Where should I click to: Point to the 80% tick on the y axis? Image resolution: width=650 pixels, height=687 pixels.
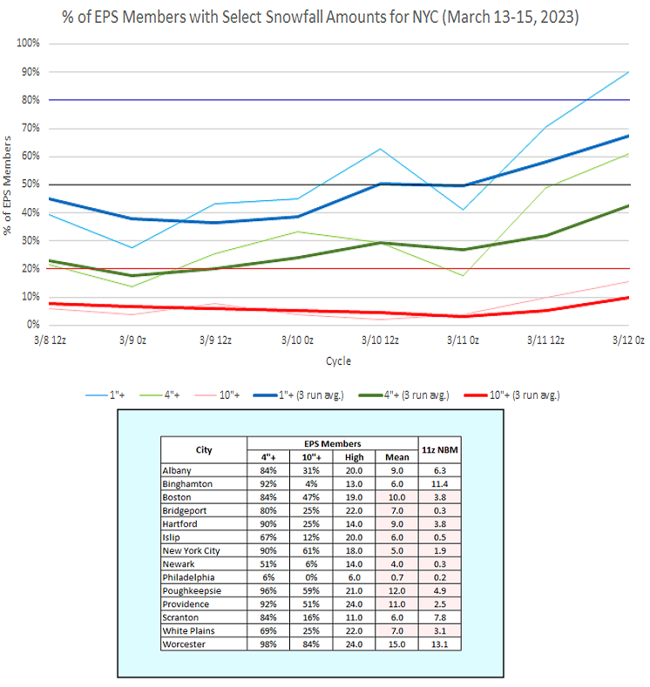click(29, 100)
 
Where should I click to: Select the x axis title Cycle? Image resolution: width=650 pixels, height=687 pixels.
click(338, 360)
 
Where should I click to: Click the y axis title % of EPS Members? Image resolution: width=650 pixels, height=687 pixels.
click(10, 184)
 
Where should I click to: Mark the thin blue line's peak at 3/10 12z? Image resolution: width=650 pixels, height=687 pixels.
click(378, 149)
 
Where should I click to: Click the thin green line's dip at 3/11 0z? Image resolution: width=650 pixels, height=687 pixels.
click(462, 276)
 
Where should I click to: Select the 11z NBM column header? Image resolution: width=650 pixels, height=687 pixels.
click(440, 450)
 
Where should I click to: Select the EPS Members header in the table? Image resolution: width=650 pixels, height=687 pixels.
click(332, 443)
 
